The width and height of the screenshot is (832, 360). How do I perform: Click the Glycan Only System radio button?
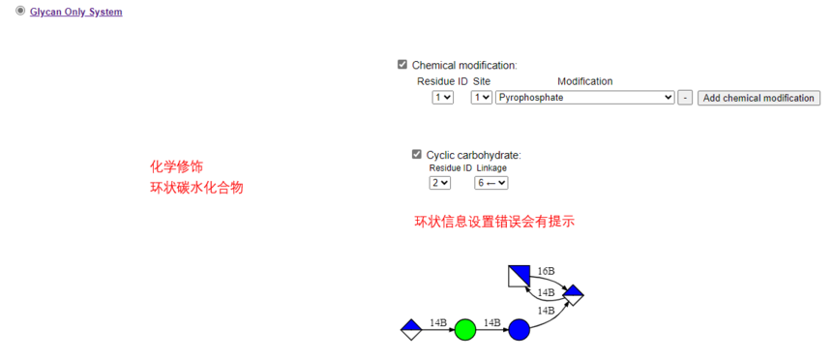point(20,11)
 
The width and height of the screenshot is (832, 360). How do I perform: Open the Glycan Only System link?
point(76,12)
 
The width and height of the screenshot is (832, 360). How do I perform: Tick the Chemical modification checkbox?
point(402,65)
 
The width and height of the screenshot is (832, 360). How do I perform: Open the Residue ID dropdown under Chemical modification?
point(442,98)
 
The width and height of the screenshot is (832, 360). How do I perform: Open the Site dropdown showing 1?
point(481,98)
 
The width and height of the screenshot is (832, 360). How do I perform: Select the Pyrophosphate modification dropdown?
point(584,98)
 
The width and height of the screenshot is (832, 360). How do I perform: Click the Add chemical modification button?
point(758,98)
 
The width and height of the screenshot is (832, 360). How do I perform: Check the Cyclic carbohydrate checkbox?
point(417,155)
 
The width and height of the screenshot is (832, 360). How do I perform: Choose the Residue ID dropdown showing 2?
point(439,183)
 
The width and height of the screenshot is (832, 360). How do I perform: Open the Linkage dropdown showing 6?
point(490,183)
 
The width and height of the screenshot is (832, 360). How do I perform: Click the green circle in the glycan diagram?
point(465,330)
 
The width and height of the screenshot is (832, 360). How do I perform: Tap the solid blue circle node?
point(520,330)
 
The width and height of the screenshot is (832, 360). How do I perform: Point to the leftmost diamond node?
point(411,330)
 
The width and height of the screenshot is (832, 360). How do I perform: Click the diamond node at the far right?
point(574,293)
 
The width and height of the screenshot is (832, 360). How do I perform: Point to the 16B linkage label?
point(546,271)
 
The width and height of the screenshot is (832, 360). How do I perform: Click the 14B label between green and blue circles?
point(491,321)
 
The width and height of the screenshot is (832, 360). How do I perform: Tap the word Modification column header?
point(584,81)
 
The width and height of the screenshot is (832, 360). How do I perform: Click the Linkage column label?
point(491,168)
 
